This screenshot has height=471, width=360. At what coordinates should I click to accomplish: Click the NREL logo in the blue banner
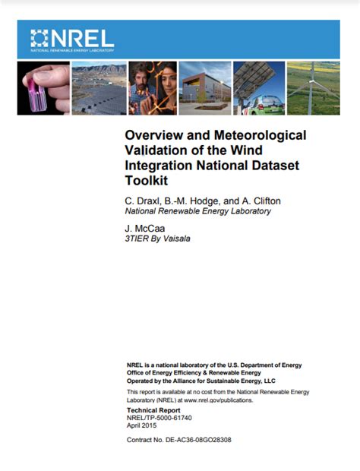[72, 38]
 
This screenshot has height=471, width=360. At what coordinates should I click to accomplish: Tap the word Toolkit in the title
[145, 181]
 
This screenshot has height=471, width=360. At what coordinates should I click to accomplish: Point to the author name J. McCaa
[144, 226]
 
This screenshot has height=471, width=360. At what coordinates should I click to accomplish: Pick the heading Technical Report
[155, 409]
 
